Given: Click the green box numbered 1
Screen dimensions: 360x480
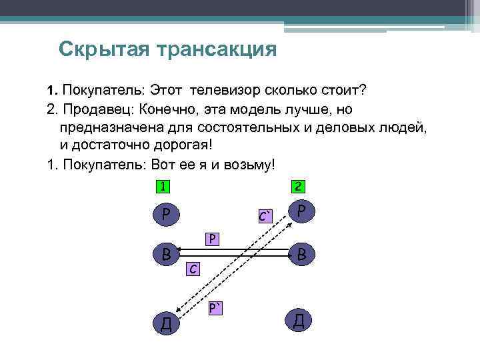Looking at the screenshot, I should [x=162, y=187].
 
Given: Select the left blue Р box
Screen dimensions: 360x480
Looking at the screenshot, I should [x=164, y=214].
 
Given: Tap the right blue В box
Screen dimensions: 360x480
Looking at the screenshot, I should [x=301, y=253].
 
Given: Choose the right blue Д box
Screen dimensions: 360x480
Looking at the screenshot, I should [x=300, y=320].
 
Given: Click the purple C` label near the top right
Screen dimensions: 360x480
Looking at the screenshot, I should [x=266, y=216].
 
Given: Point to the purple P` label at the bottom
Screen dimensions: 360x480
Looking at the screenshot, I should [x=215, y=307].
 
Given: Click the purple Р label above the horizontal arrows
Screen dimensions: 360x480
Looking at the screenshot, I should [x=213, y=238].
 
